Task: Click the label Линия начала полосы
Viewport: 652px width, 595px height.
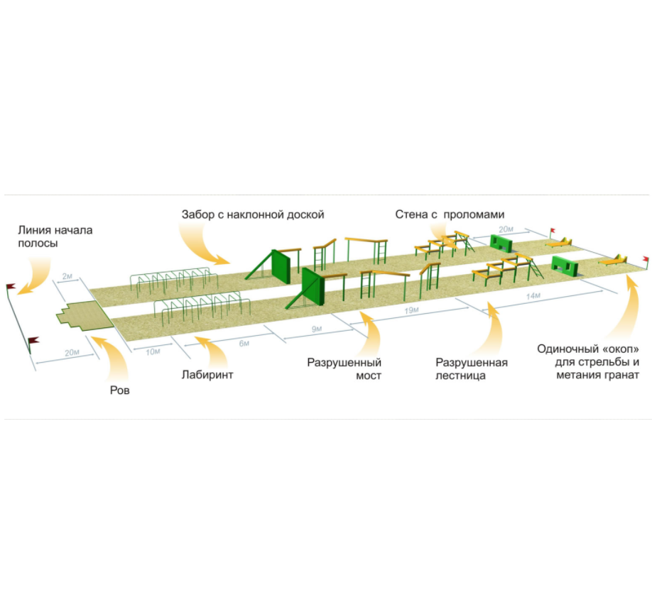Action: (55, 236)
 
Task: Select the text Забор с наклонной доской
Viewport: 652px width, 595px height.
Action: (253, 214)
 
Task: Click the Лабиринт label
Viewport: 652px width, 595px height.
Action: (207, 374)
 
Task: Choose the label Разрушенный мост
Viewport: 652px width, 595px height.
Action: (344, 369)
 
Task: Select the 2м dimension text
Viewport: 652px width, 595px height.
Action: (68, 275)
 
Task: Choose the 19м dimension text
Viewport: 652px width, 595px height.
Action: (411, 311)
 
